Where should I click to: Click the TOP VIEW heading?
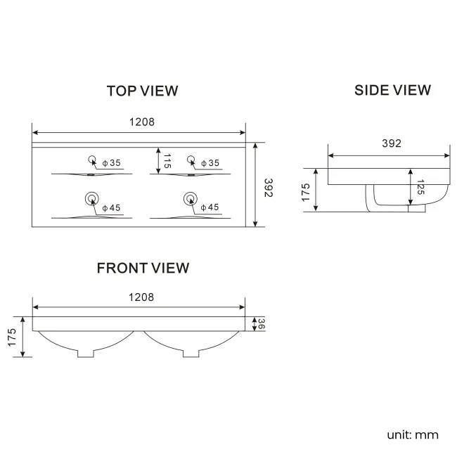(x=142, y=91)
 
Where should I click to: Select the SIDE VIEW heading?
(x=392, y=90)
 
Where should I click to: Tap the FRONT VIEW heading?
(x=143, y=268)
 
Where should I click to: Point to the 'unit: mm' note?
(x=412, y=435)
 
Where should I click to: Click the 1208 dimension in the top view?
(x=141, y=122)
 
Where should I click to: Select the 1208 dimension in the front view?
(x=141, y=297)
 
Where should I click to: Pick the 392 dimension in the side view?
(x=391, y=143)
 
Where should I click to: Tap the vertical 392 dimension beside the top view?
(x=268, y=186)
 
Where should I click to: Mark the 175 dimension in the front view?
(x=12, y=337)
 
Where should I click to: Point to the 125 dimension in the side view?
(x=420, y=188)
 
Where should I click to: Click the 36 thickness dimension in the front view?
(x=260, y=323)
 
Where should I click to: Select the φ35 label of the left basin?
(x=111, y=163)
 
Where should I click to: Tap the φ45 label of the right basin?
(x=210, y=207)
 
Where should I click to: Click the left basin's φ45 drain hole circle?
(x=91, y=198)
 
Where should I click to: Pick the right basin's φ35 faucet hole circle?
(x=190, y=158)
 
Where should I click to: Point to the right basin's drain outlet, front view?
(x=192, y=352)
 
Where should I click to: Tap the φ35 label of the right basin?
(x=210, y=163)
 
